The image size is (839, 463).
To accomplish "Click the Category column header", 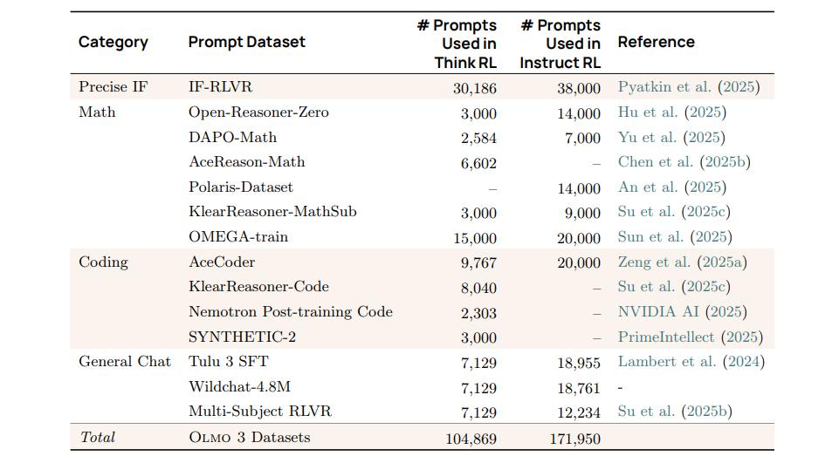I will click(113, 42).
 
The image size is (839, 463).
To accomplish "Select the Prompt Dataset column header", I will click(247, 42).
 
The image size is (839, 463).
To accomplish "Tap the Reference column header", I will click(656, 42).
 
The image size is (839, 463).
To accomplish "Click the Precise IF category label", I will click(113, 87).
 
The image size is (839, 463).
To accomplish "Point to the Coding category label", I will click(103, 262).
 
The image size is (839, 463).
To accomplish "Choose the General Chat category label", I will click(125, 362).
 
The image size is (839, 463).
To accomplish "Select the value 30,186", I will click(474, 88).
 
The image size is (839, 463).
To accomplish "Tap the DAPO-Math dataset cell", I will click(232, 137).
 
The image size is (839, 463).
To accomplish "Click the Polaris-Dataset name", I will click(241, 187).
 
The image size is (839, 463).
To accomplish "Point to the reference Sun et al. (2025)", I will click(675, 237).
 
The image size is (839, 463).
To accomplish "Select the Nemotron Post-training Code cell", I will click(291, 312).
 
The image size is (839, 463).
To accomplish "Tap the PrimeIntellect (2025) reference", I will click(690, 337).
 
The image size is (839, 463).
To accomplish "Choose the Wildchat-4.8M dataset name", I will click(238, 387).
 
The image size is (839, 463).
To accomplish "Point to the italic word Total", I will click(97, 438).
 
